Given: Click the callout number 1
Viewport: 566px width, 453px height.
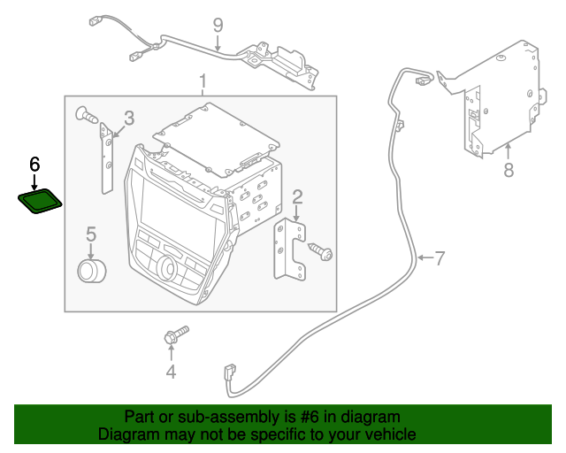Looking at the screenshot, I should [203, 83].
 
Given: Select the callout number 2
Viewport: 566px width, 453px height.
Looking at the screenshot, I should [298, 196].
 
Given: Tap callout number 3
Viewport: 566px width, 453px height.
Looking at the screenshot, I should [129, 118].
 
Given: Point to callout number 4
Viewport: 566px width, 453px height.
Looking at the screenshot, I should [171, 372].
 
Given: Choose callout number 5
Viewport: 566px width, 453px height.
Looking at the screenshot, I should [90, 234].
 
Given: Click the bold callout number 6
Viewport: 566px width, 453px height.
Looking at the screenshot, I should [35, 164].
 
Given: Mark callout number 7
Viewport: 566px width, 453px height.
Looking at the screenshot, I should [440, 258].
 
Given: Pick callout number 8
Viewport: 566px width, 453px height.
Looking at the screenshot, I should [509, 171].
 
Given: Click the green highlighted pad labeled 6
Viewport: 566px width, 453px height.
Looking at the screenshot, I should [40, 202].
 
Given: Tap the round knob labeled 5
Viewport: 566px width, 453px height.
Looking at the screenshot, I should [90, 270].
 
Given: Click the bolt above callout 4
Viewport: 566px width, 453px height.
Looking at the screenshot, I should [175, 336].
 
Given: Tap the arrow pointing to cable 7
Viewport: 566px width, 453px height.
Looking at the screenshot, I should [424, 258].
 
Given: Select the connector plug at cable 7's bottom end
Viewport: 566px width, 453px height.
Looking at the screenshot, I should [231, 372].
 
